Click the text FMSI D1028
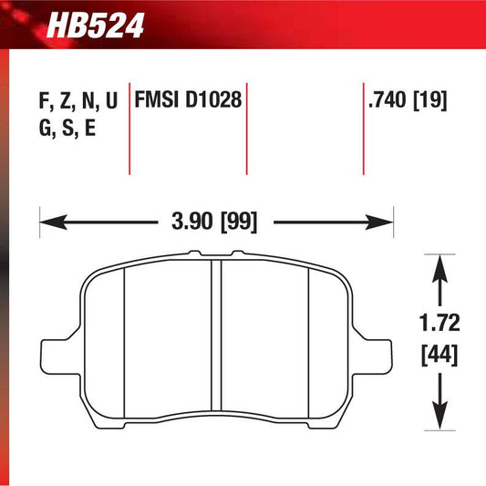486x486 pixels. [189, 101]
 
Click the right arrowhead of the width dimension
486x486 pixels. [383, 221]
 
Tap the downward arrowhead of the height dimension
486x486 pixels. [441, 407]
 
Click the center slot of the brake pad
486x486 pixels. [216, 337]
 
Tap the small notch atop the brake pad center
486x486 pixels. [216, 254]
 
